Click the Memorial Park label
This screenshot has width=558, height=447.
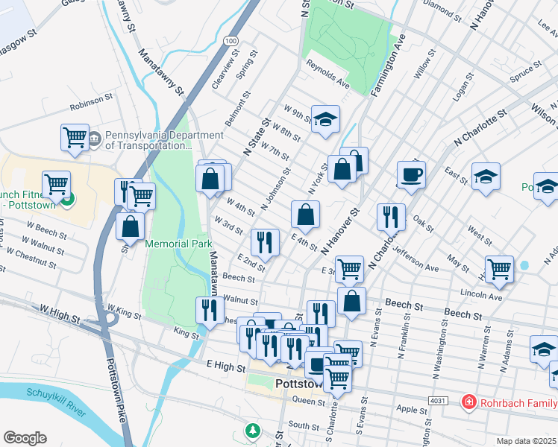tap(179, 244)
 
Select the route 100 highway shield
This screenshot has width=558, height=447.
tap(231, 39)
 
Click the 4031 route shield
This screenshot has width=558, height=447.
tap(438, 401)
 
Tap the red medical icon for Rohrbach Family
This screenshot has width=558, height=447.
tap(469, 402)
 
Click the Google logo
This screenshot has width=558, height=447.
tap(25, 438)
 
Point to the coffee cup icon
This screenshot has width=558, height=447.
tap(411, 175)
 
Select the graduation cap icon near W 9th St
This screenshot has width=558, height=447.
tap(325, 118)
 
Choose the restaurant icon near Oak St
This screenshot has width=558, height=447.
tap(391, 217)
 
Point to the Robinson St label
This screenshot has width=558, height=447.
tap(91, 101)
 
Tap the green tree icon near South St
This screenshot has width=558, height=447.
tap(254, 431)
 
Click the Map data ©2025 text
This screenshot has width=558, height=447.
tap(525, 441)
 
